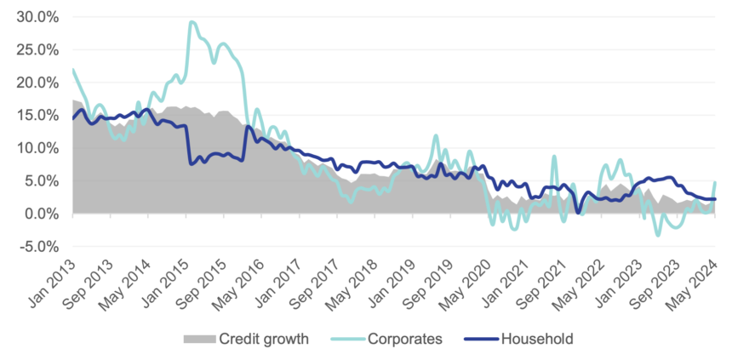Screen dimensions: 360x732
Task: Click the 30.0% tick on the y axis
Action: pyautogui.click(x=31, y=16)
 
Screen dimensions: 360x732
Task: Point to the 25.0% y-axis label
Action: pyautogui.click(x=31, y=49)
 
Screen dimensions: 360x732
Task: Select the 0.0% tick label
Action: pyautogui.click(x=35, y=214)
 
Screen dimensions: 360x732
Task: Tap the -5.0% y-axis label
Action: pyautogui.click(x=33, y=247)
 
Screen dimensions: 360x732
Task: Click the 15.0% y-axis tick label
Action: pyautogui.click(x=31, y=115)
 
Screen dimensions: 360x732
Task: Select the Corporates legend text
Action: pyautogui.click(x=404, y=339)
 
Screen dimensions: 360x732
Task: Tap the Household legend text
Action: pyautogui.click(x=535, y=339)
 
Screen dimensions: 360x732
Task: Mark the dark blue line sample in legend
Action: pyautogui.click(x=477, y=339)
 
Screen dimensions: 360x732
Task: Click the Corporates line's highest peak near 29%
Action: pyautogui.click(x=192, y=22)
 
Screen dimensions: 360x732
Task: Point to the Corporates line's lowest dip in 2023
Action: pyautogui.click(x=657, y=235)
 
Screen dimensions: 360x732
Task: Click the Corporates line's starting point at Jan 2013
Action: pyautogui.click(x=73, y=70)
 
